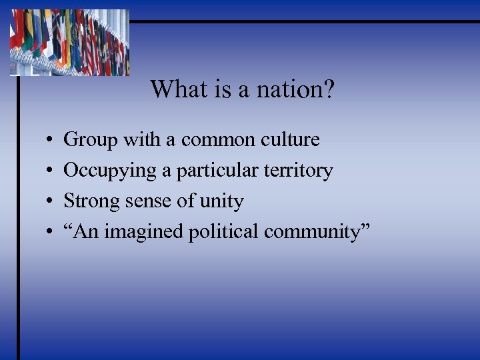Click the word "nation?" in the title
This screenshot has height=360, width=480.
(x=298, y=89)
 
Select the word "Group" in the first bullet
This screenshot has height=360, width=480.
(x=90, y=140)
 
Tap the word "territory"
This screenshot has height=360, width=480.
(x=299, y=171)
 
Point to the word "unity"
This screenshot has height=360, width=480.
(x=221, y=201)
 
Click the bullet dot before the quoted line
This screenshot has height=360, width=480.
(x=51, y=233)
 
